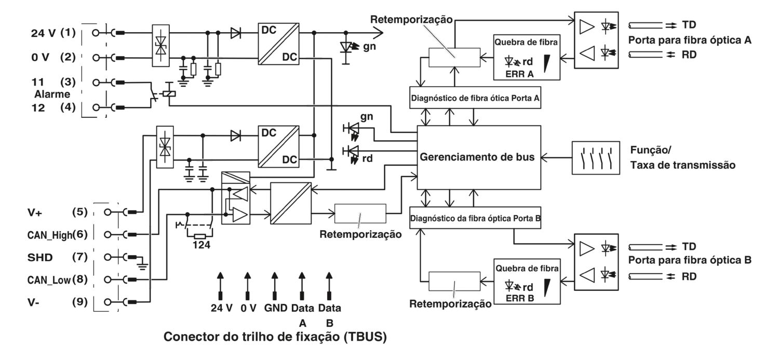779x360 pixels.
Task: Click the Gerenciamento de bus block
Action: [x=477, y=157]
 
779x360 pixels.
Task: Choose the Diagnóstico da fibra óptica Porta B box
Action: [x=476, y=218]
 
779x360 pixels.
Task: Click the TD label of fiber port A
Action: [x=690, y=25]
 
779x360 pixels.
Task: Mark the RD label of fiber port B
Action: [x=689, y=277]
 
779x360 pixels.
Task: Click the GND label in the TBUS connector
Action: [x=275, y=308]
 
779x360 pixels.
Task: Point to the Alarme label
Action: [x=52, y=95]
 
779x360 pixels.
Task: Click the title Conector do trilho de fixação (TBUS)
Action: [x=275, y=337]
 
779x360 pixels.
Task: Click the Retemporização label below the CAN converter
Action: [x=360, y=234]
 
